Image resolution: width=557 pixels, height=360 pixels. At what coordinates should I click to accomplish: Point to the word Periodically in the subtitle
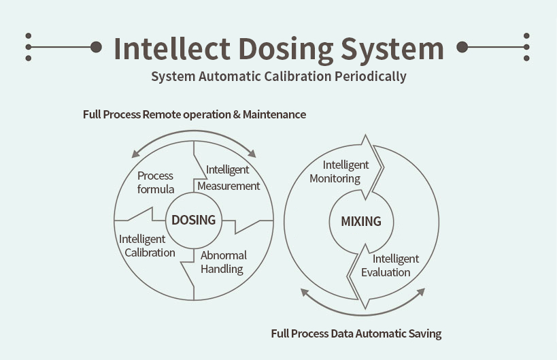[370, 76]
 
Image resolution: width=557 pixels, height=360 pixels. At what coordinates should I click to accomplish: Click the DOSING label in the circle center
[193, 220]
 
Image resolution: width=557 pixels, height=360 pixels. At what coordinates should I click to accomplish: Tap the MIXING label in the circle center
[360, 221]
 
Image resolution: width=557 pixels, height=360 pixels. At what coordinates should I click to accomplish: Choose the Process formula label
[155, 182]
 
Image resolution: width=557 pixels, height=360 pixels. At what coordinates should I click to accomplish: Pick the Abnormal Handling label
[223, 262]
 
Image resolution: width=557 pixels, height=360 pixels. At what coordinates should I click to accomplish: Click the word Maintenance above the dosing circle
[274, 114]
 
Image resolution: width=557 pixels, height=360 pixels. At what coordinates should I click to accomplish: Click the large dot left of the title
[96, 47]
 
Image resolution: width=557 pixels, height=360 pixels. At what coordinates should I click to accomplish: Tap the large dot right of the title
[462, 47]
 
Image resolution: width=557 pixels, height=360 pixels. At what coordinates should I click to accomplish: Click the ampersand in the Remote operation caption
[237, 114]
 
